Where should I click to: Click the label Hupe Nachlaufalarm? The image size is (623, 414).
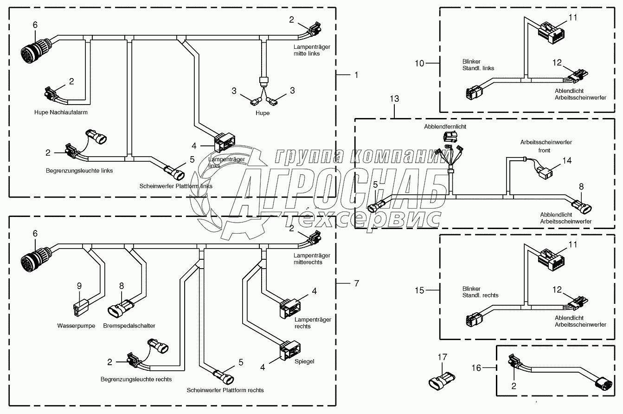61,112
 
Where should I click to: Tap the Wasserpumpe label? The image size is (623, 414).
77,326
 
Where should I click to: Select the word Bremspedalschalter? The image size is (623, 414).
129,326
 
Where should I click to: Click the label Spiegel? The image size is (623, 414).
304,361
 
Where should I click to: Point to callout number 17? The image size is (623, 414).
442,357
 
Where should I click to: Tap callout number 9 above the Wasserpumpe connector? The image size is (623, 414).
79,286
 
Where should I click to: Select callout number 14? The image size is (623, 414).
567,160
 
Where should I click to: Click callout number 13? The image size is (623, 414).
395,99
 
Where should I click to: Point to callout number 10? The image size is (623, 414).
419,63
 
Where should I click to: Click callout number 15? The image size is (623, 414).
419,290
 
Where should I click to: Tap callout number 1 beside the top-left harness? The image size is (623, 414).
356,74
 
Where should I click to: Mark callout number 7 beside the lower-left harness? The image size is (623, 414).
356,283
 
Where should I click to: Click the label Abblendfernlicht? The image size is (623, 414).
445,126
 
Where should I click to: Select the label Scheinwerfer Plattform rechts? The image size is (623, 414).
225,390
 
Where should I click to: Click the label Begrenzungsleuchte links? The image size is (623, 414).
79,171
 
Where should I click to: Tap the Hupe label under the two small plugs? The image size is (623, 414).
262,113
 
